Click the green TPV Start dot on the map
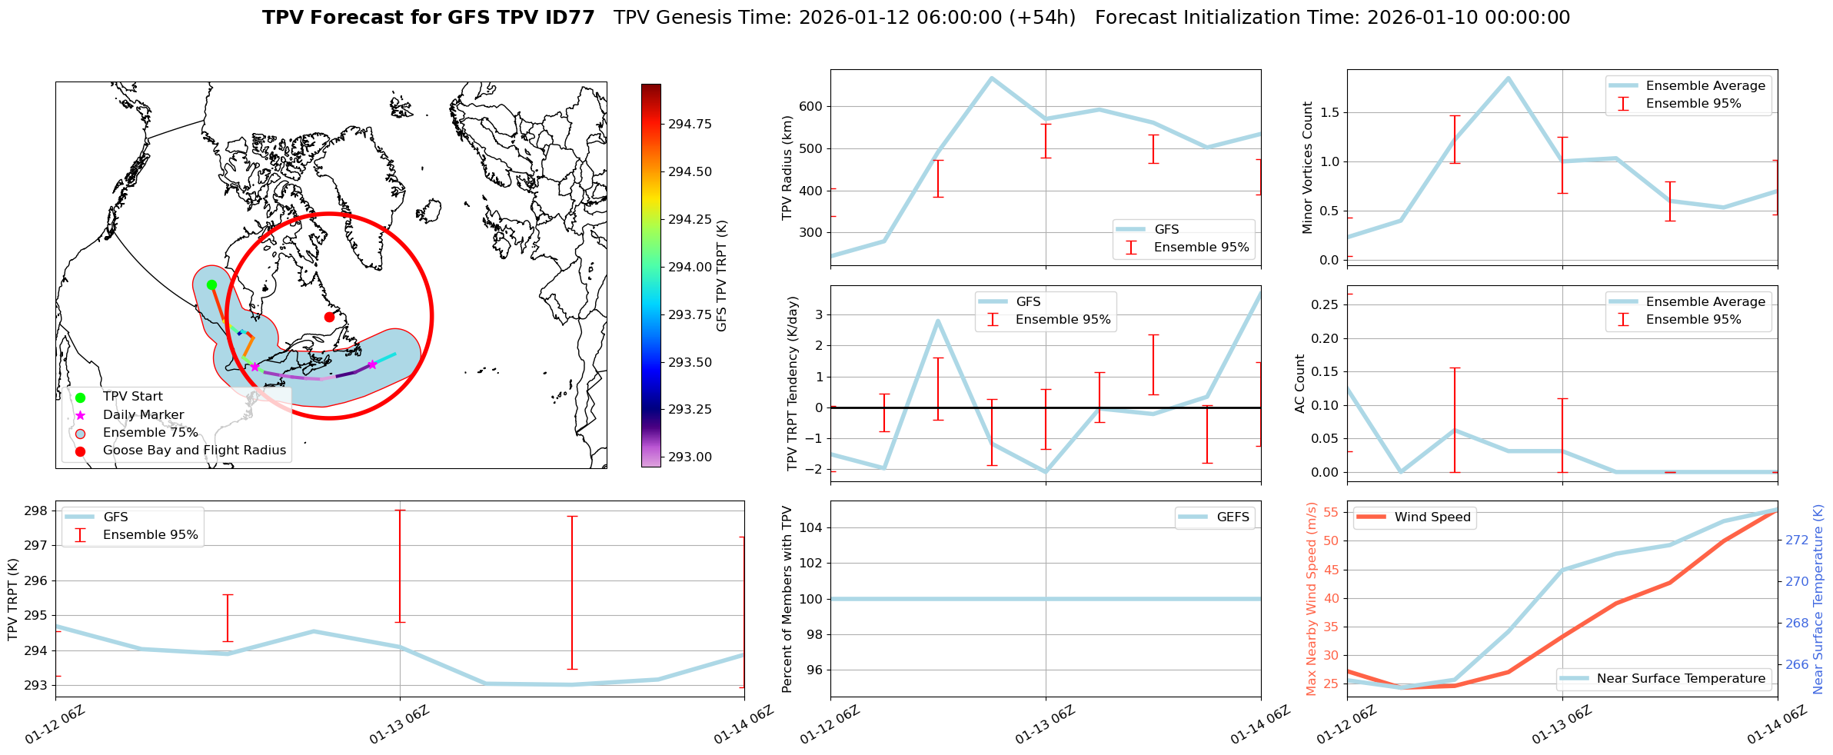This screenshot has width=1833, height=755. pos(211,285)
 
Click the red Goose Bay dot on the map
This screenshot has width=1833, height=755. pos(329,317)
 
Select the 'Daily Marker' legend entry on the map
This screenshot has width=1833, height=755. pos(143,414)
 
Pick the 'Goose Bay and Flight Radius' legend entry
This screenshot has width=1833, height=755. pos(194,451)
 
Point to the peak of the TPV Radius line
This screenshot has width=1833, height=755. pos(992,78)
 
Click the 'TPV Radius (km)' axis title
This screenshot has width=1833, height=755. pos(787,168)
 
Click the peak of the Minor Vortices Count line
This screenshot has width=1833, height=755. pos(1509,78)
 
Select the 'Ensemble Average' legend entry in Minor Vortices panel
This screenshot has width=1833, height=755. pos(1705,86)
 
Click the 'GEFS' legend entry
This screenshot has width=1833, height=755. pos(1233,517)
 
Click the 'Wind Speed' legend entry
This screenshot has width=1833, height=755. pos(1432,517)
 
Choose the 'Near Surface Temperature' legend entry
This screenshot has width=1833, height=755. pos(1681,679)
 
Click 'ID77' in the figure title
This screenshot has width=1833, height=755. pos(568,18)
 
